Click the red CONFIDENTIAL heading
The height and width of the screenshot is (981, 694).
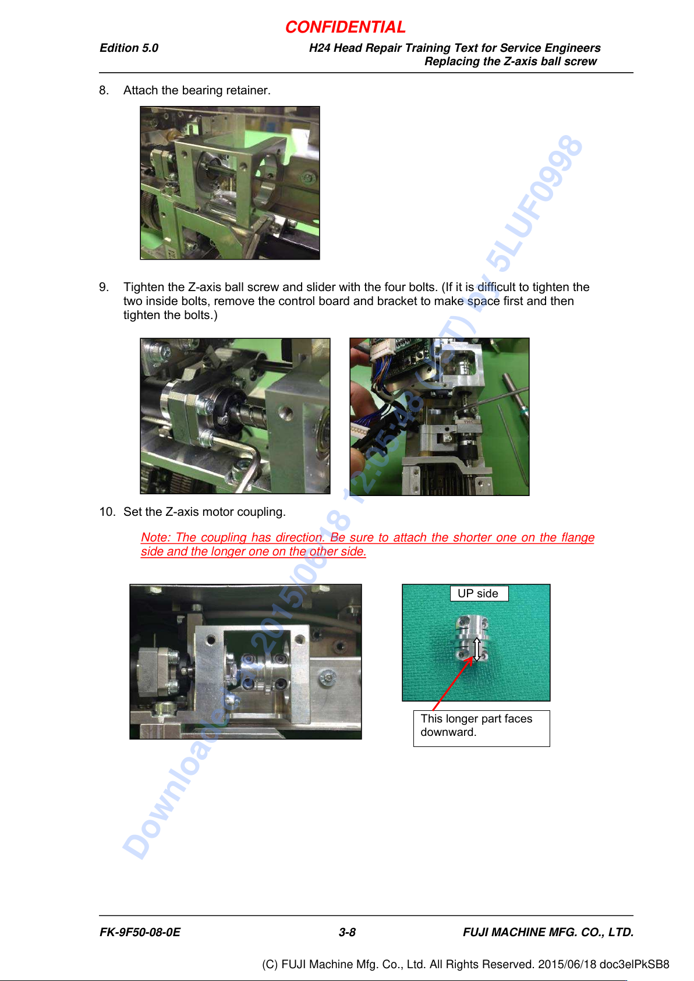(x=345, y=27)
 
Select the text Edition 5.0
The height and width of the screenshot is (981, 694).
(x=129, y=48)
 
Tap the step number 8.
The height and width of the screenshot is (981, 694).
(x=103, y=90)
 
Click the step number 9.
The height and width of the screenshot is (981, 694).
(x=103, y=287)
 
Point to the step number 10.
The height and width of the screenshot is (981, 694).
(x=107, y=512)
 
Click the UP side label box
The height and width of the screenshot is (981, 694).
(x=479, y=593)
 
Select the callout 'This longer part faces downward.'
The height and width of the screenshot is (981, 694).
(x=481, y=728)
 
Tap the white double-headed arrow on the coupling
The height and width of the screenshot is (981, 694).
(x=477, y=649)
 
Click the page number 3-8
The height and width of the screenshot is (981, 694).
(x=347, y=932)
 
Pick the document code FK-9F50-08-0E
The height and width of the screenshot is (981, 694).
(x=140, y=932)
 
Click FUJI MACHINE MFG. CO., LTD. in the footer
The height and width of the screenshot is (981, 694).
(x=548, y=932)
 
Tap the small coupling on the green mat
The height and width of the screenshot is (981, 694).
(x=472, y=638)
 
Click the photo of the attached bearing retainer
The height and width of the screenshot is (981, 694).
(x=230, y=183)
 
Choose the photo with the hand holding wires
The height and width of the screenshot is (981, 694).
(x=439, y=416)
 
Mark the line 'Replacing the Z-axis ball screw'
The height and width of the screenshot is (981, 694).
(x=510, y=61)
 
